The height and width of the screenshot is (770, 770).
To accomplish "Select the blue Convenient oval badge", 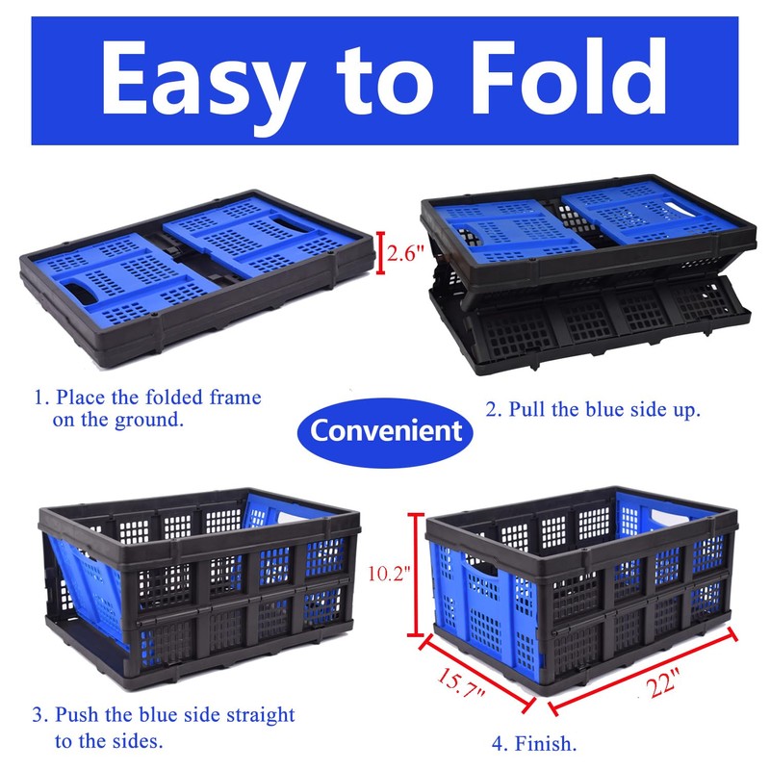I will tap(385, 430).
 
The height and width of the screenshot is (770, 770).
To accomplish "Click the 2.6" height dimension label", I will tap(403, 254).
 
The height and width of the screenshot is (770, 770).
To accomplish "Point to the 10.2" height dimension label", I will tap(389, 575).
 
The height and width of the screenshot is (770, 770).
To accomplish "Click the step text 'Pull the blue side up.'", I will tap(592, 409).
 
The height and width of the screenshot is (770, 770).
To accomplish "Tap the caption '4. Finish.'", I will tap(535, 743).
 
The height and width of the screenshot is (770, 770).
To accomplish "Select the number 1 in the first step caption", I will tap(39, 397).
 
